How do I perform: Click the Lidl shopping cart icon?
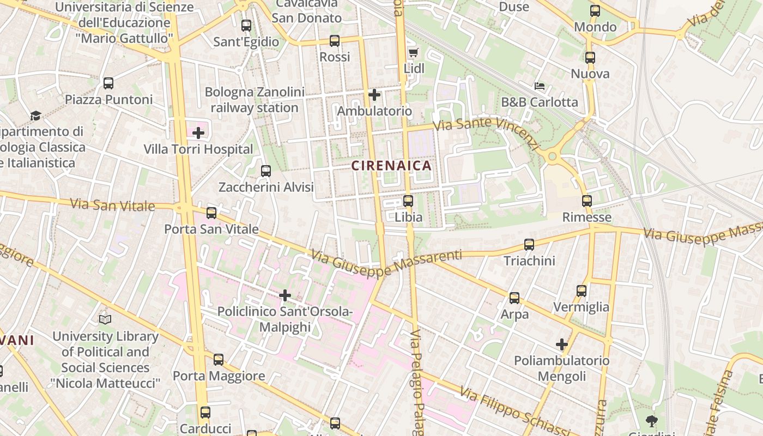(x=413, y=52)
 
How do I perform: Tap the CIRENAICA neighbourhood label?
(x=391, y=166)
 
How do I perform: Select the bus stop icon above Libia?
(x=408, y=201)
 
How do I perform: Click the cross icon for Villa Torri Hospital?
(x=198, y=132)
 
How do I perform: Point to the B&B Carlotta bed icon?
(x=540, y=86)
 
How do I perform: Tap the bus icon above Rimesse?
(x=587, y=201)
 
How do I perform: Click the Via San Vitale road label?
(x=113, y=205)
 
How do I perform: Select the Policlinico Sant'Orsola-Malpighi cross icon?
(x=285, y=295)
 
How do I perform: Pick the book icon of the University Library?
(x=105, y=319)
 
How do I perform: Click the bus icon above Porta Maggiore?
(x=219, y=360)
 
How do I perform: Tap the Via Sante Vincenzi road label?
(x=487, y=131)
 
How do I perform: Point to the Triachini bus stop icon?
(x=529, y=245)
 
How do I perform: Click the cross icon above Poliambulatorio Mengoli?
(x=562, y=344)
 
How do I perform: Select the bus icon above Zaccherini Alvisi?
(x=266, y=171)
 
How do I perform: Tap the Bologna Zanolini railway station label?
(x=255, y=100)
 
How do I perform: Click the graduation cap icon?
(x=35, y=116)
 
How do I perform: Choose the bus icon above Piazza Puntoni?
(x=108, y=83)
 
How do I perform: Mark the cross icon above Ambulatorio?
(x=374, y=95)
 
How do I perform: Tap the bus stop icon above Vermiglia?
(x=582, y=291)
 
